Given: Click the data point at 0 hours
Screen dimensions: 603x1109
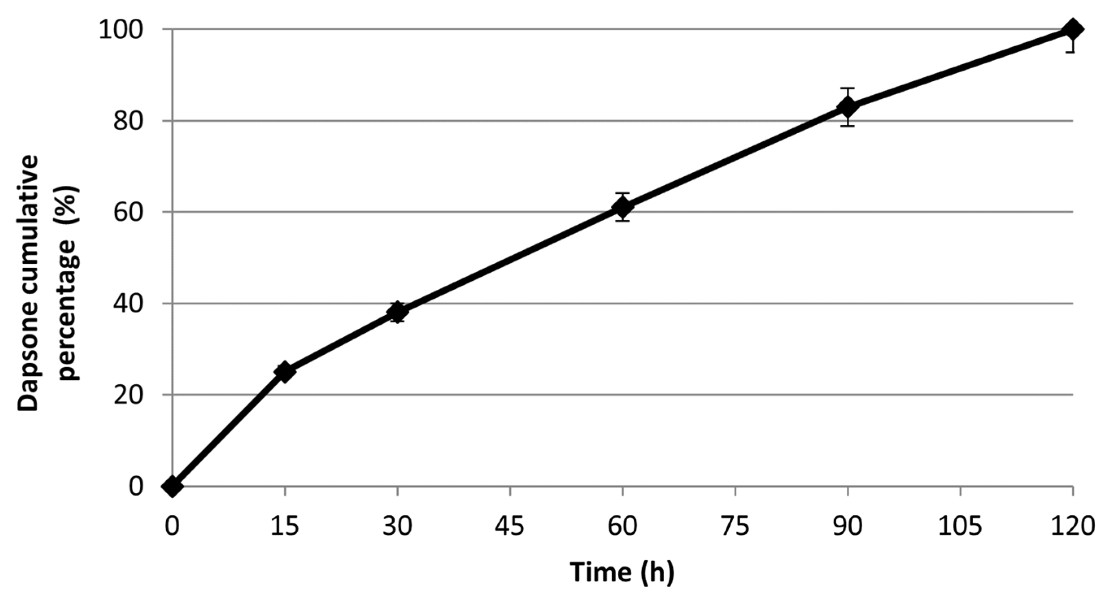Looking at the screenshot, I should (x=172, y=486).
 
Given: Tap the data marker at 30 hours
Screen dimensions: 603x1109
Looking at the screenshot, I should (x=397, y=312).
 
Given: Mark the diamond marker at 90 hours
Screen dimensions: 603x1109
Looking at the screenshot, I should (x=848, y=107).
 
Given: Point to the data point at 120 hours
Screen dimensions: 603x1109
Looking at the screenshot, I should (x=1072, y=29).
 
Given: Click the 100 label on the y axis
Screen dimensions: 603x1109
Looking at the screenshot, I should (x=127, y=30).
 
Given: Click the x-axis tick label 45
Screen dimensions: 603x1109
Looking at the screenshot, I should (x=510, y=525).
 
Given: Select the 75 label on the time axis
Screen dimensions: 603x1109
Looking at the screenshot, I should (x=735, y=525).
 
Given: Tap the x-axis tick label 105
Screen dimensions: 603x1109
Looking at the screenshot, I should (x=960, y=525).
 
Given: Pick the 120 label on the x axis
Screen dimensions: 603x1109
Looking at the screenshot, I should (x=1072, y=525).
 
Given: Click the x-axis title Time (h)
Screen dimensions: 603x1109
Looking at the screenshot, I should (x=622, y=572).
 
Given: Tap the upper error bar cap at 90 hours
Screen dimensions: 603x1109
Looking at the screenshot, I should (x=848, y=88).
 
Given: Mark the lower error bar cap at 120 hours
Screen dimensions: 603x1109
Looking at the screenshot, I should (x=1072, y=52).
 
